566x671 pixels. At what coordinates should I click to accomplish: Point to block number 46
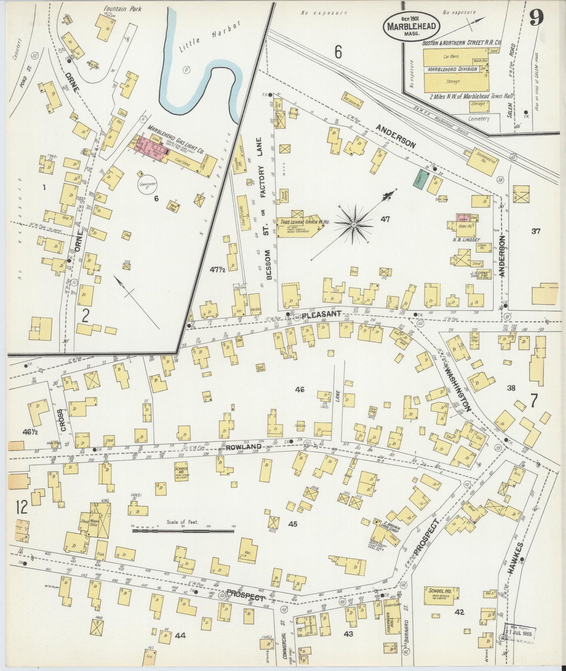(x=300, y=390)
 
